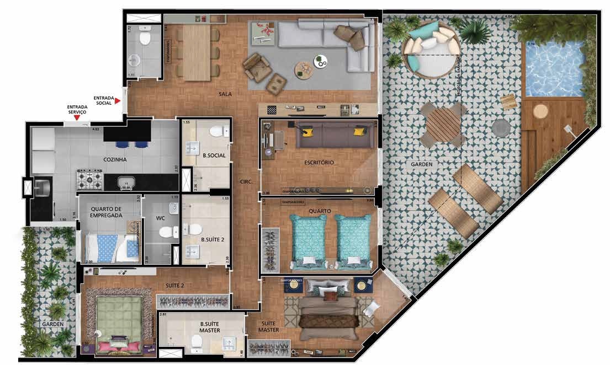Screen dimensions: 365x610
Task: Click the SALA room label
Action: tap(225, 94)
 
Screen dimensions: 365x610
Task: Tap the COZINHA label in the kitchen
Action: tap(115, 160)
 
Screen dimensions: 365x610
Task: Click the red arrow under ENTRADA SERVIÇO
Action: tap(77, 117)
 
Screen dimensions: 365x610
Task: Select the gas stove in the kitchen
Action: tap(89, 179)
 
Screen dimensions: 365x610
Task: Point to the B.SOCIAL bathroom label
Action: tap(214, 156)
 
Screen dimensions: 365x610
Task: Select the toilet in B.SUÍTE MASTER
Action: tap(197, 344)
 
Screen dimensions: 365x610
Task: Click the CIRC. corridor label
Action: tap(246, 181)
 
